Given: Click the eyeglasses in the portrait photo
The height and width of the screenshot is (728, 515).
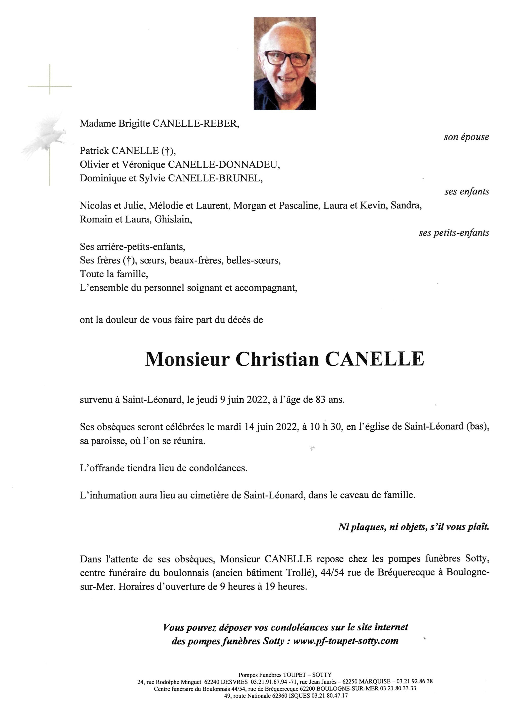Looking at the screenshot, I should tap(287, 59).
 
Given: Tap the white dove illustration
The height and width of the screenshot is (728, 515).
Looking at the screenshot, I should tap(44, 136).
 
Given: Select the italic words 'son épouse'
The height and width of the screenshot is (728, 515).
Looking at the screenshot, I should tap(466, 137).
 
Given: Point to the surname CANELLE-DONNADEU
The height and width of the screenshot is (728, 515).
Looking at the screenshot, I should tap(223, 165).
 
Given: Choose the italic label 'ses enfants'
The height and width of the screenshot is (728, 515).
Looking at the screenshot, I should tap(466, 192).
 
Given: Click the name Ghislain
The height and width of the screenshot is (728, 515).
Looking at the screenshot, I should tap(173, 219).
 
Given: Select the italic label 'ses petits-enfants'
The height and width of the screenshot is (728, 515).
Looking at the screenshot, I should tap(454, 233).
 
